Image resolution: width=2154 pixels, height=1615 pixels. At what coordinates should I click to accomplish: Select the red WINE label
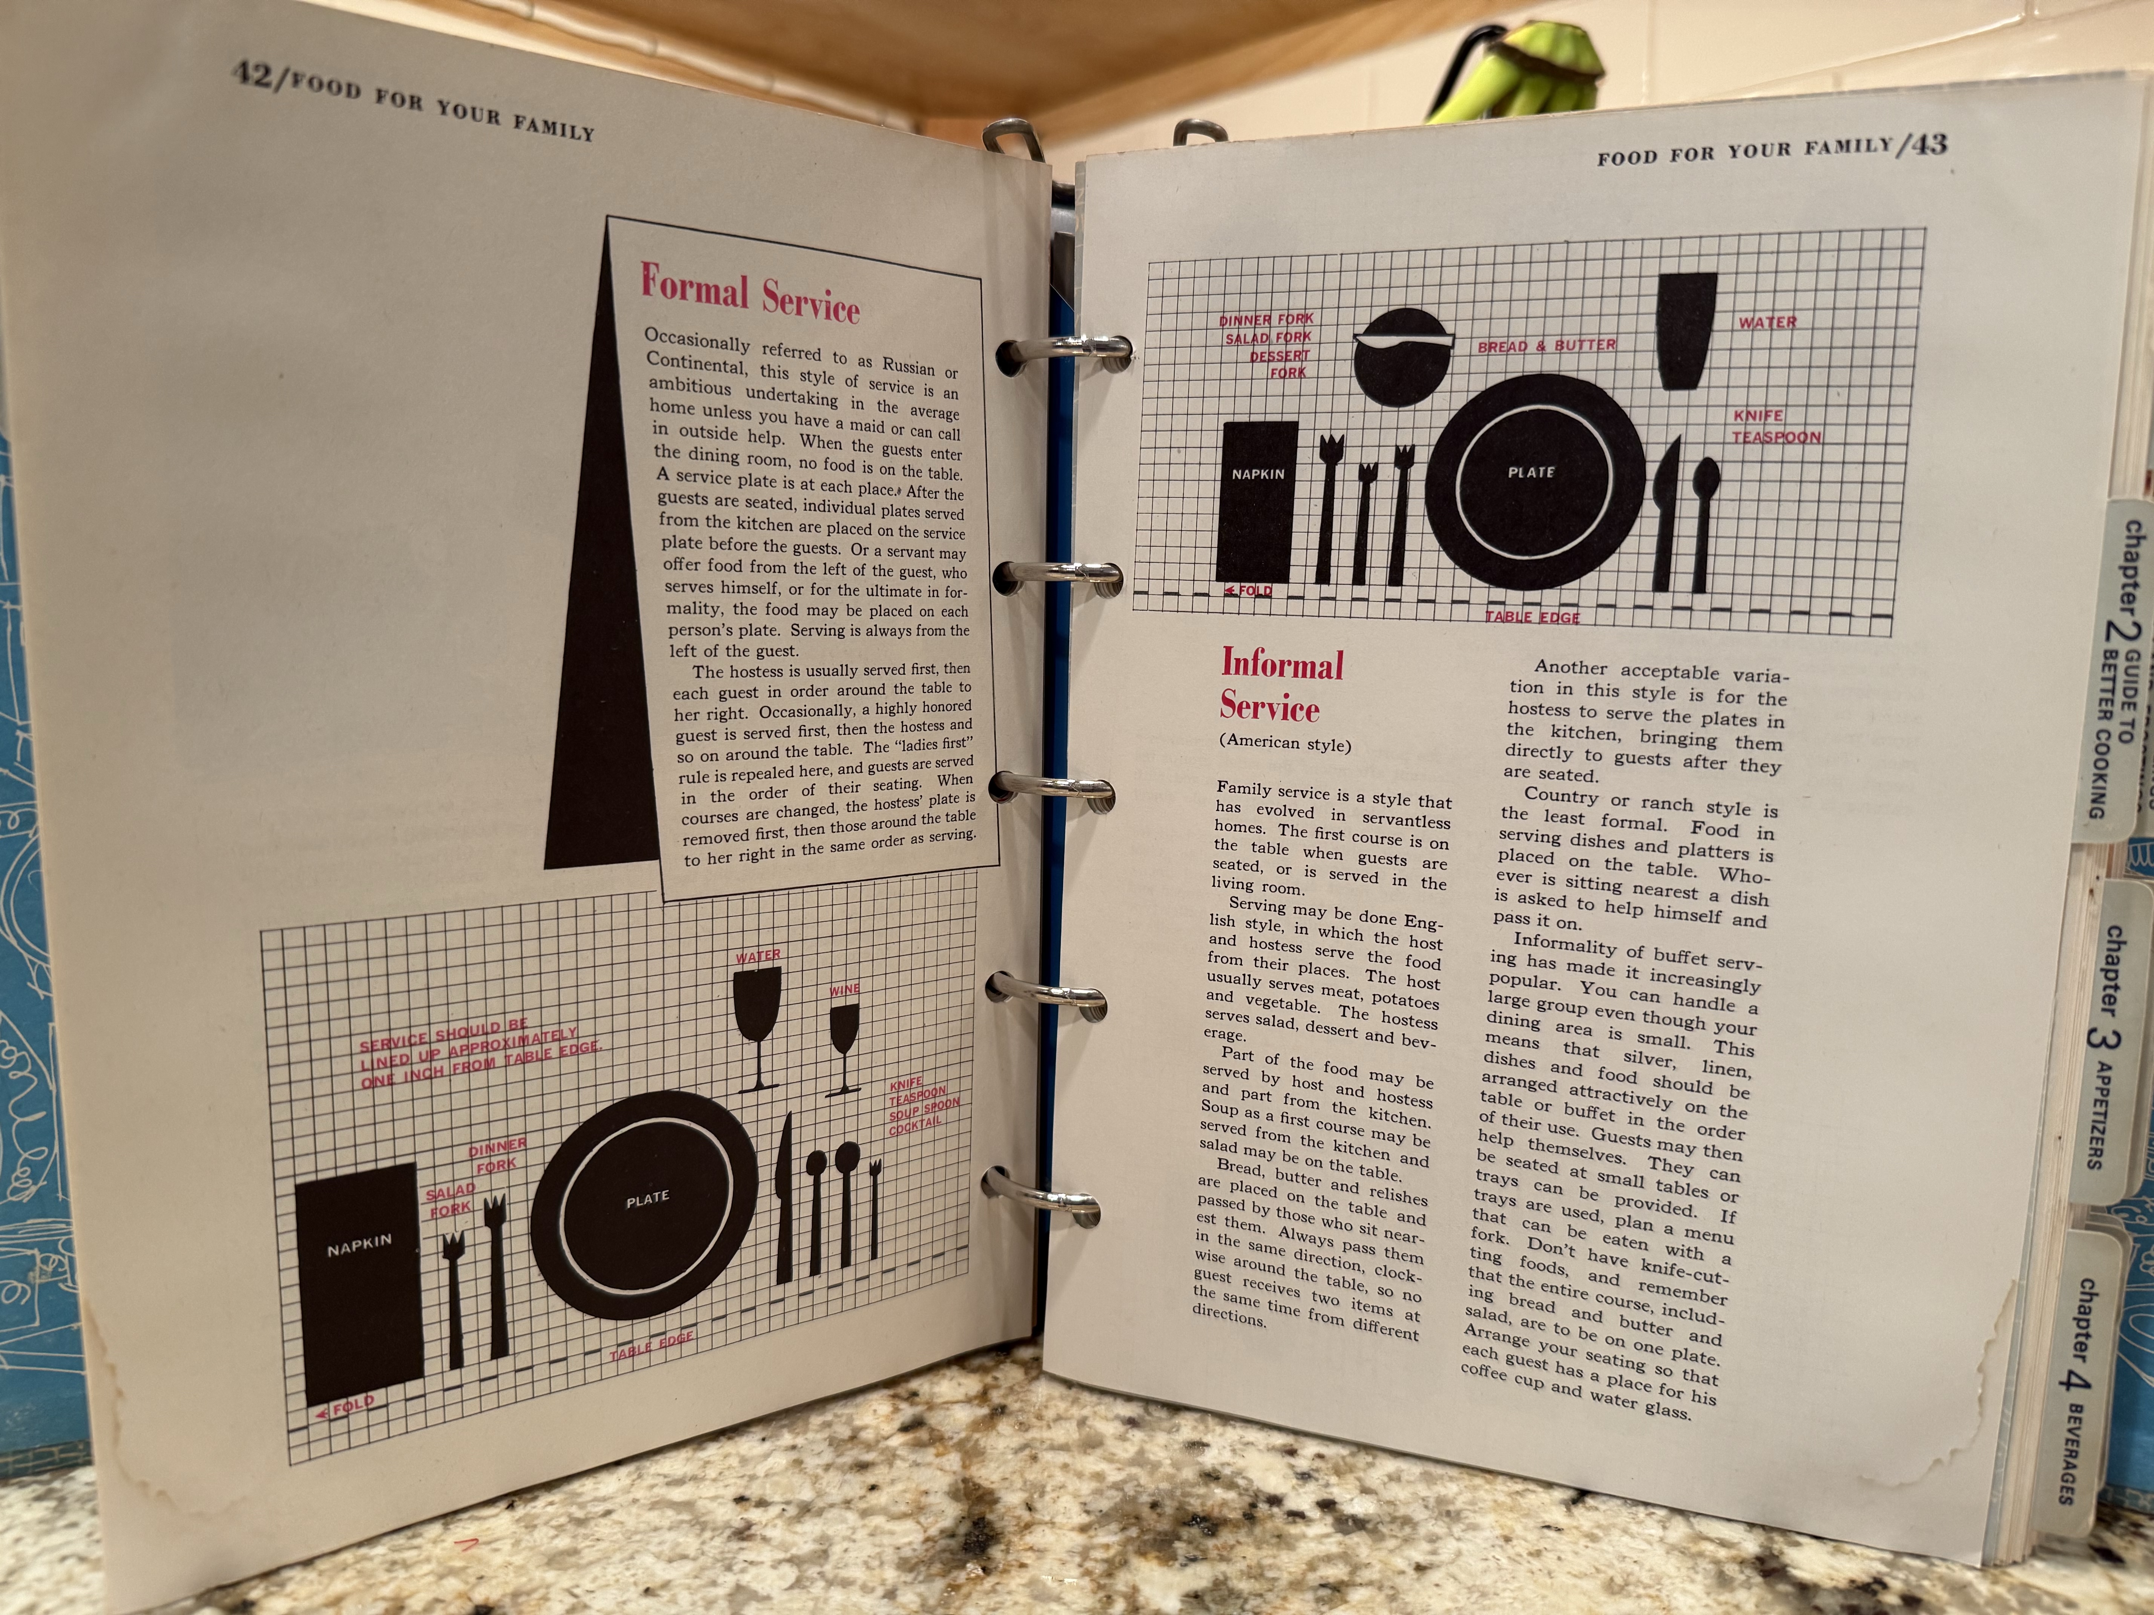pos(844,990)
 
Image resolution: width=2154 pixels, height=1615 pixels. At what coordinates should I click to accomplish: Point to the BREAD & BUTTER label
pos(1546,346)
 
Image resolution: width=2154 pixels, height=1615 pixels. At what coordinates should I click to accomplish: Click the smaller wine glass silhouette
pos(844,1050)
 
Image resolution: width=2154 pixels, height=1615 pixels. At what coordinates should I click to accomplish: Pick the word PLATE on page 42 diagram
pos(647,1199)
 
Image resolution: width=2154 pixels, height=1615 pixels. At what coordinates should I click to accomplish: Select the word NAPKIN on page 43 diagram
pos(1258,474)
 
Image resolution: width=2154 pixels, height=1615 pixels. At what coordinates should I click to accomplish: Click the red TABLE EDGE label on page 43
pos(1532,616)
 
